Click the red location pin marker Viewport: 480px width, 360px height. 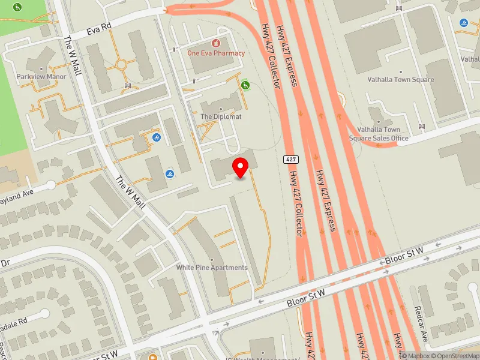tap(241, 166)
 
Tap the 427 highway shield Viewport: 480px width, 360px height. tap(291, 159)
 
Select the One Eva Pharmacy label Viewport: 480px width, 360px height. tap(216, 53)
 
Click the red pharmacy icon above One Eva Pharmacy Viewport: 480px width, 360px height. tap(215, 43)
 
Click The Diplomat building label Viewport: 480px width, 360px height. tap(221, 117)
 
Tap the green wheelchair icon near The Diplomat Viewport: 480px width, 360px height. tap(245, 86)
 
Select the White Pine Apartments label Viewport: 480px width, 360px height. tap(212, 268)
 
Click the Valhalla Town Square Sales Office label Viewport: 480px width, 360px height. tap(379, 134)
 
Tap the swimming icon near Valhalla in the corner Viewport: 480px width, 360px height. tap(464, 23)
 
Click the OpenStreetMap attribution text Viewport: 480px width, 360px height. tap(454, 356)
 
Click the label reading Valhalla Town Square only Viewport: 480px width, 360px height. tap(401, 80)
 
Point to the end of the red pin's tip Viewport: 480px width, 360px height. tap(241, 178)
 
